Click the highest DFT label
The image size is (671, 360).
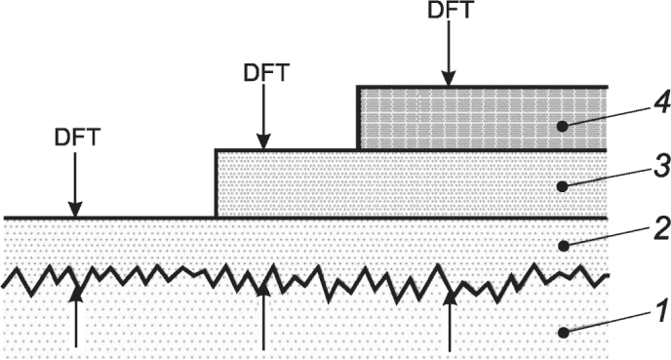[x=450, y=10]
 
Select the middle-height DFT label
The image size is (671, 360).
[x=266, y=73]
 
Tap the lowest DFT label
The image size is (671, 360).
[x=77, y=138]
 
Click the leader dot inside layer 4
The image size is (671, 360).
[x=564, y=126]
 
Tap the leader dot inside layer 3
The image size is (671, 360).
[x=564, y=186]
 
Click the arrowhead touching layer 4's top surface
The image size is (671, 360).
[x=449, y=79]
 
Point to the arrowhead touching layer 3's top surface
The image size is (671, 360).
[x=263, y=142]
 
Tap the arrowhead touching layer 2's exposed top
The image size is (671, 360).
[x=75, y=210]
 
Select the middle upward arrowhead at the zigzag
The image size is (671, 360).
[x=263, y=290]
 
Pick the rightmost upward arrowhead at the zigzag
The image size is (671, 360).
[x=450, y=297]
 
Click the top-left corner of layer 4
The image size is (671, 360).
[x=358, y=88]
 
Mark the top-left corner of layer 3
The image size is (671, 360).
[x=217, y=150]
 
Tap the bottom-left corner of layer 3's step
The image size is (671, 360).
[x=217, y=218]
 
